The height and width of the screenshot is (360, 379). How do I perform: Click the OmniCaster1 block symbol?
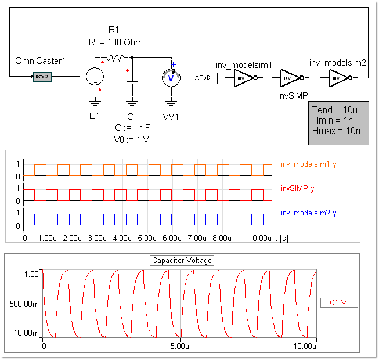coord(43,77)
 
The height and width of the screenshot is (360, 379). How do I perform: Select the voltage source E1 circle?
coord(94,76)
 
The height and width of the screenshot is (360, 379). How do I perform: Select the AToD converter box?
coord(204,78)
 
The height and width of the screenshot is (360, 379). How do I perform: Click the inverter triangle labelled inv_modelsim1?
coord(243,78)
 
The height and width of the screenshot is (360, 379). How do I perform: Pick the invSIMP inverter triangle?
coord(289,78)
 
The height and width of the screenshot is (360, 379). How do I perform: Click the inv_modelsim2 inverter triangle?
coord(338,78)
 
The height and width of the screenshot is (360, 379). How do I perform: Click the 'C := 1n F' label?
coord(133,128)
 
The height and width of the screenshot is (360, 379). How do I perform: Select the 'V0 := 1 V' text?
coord(132,139)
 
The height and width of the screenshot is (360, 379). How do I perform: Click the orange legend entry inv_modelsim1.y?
coord(308,164)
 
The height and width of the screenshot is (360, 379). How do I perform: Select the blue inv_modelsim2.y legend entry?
coord(308,213)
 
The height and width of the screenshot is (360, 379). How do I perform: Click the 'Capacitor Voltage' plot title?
coord(182,260)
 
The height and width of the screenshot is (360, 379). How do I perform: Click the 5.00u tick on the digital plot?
coord(148,239)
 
